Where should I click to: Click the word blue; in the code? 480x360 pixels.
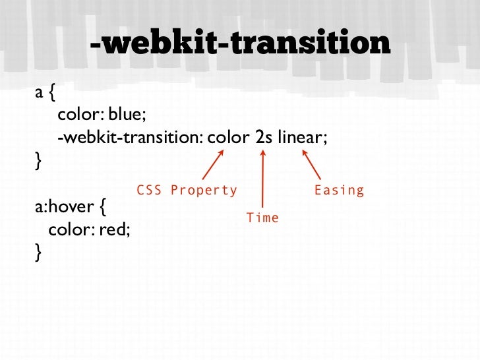(x=127, y=115)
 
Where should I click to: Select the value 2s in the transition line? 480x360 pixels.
(x=260, y=138)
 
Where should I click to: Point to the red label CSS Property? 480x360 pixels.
(x=187, y=191)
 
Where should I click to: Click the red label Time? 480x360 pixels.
(x=262, y=218)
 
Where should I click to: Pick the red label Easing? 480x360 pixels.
(x=339, y=191)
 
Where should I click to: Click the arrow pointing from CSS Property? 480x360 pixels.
(x=213, y=165)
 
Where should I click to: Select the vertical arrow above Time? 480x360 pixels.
(x=263, y=178)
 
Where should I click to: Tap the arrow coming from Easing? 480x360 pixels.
(x=311, y=165)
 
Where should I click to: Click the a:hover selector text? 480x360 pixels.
(x=63, y=209)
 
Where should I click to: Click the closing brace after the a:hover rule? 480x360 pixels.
(x=38, y=252)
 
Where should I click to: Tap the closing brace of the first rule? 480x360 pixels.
(x=38, y=161)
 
